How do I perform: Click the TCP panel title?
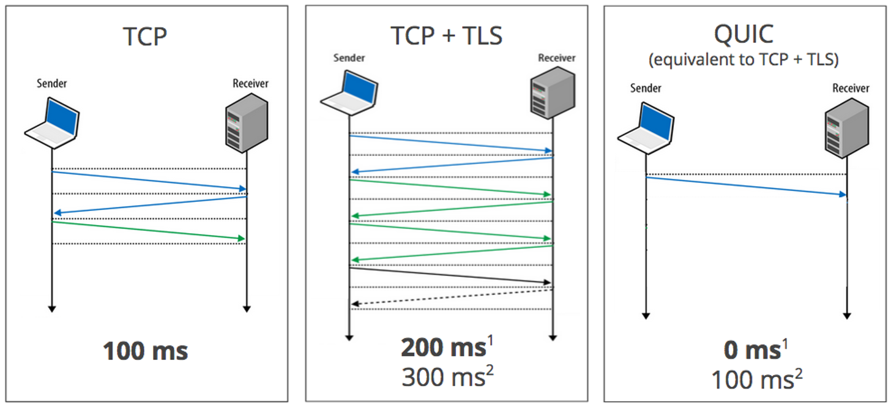(x=145, y=37)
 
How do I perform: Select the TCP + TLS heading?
(x=447, y=36)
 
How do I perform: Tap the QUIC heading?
(x=744, y=35)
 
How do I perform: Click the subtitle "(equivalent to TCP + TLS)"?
(x=744, y=61)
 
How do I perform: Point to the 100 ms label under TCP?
(x=146, y=352)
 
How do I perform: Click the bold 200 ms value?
(x=443, y=348)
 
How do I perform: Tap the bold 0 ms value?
(x=750, y=351)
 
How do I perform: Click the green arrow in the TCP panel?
(x=149, y=230)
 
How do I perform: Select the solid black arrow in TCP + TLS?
(x=450, y=275)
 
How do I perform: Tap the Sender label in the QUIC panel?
(x=646, y=88)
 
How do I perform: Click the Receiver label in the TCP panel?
(x=250, y=83)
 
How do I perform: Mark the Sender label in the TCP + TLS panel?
(x=349, y=58)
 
